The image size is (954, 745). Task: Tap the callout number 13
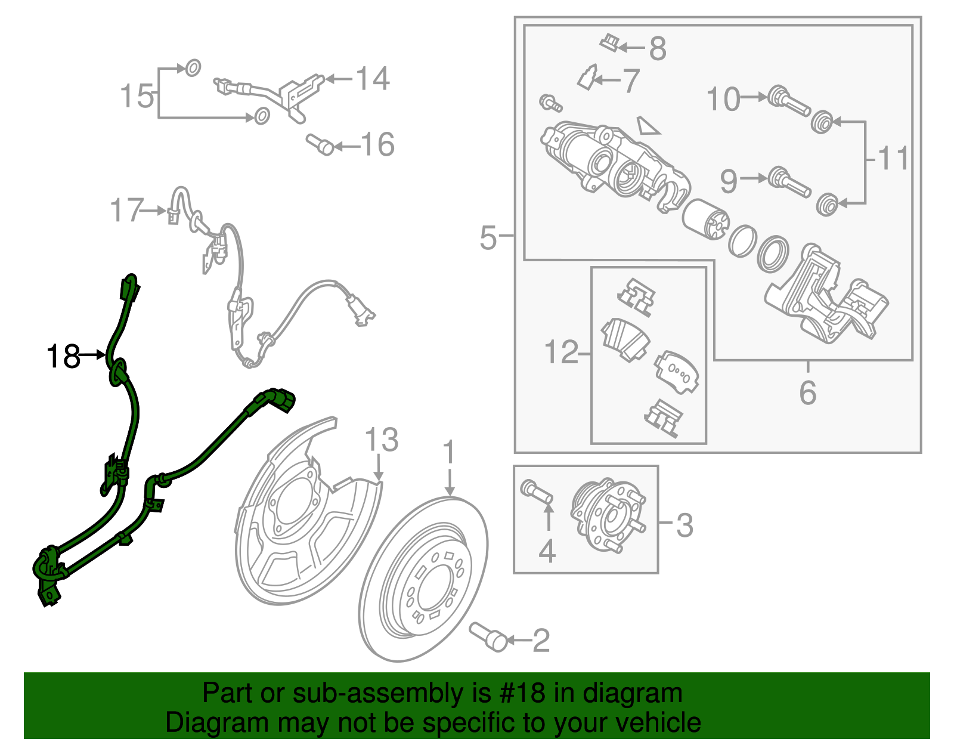pyautogui.click(x=382, y=440)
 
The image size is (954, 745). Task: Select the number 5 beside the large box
pyautogui.click(x=488, y=237)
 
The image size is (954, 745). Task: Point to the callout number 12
pyautogui.click(x=561, y=352)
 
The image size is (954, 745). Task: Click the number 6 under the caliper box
pyautogui.click(x=808, y=392)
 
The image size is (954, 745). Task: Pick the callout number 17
pyautogui.click(x=126, y=210)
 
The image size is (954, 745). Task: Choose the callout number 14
pyautogui.click(x=372, y=79)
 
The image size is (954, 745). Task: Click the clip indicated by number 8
pyautogui.click(x=610, y=42)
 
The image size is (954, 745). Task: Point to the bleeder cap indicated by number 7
pyautogui.click(x=587, y=78)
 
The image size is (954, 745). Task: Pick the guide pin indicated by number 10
pyautogui.click(x=788, y=101)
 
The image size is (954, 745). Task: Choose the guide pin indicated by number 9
pyautogui.click(x=789, y=182)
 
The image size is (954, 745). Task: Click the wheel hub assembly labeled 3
pyautogui.click(x=608, y=515)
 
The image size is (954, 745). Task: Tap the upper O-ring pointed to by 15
pyautogui.click(x=193, y=68)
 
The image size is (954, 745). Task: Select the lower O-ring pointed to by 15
pyautogui.click(x=262, y=116)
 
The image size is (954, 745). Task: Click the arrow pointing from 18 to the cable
pyautogui.click(x=93, y=355)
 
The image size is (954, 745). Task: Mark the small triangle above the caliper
pyautogui.click(x=648, y=125)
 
